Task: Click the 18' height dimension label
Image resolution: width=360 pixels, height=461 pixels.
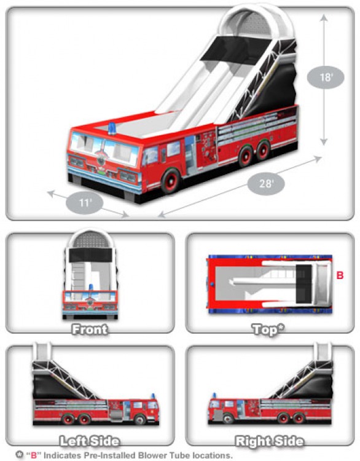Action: coord(326,77)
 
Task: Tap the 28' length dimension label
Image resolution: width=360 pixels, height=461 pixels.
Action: coord(266,184)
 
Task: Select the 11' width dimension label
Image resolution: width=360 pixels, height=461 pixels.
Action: coord(85,203)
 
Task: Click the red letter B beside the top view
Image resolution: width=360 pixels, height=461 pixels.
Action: coord(340,275)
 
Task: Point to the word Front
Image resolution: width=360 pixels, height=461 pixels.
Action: coord(90,329)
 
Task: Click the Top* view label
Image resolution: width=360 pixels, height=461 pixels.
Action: coord(268,329)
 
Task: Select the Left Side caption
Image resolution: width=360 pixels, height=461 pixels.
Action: coord(90,441)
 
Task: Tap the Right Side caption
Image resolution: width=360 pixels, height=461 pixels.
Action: coord(269,441)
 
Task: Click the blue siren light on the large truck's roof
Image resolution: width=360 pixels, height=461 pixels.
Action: coord(112,129)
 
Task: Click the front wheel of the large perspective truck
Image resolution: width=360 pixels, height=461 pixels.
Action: coord(170,180)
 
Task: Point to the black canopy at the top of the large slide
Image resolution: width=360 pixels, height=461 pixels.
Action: coord(235,49)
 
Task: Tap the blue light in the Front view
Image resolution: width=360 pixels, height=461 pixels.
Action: coord(91,288)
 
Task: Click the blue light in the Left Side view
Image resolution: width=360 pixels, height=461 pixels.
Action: coord(152,396)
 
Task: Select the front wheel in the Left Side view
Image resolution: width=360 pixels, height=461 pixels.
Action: coord(139,419)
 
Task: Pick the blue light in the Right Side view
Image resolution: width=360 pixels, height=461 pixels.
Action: coord(214,396)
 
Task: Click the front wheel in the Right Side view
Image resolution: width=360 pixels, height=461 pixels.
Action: coord(227,418)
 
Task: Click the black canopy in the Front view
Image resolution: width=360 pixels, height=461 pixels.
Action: coord(90,255)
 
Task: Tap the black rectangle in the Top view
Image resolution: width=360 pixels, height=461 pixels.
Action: coord(303,284)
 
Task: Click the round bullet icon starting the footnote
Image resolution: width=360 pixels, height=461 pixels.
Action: coord(20,454)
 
